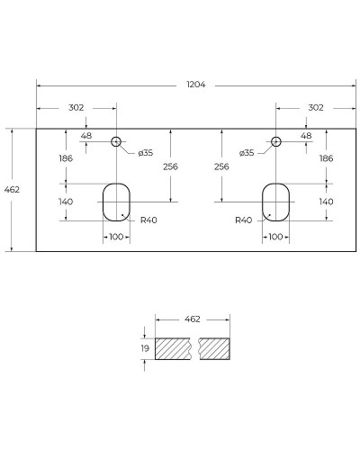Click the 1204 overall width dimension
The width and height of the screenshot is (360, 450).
[196, 85]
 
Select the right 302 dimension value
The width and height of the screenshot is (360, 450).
[315, 107]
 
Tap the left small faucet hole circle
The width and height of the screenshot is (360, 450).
[116, 141]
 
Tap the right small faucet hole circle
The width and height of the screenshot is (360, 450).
[276, 141]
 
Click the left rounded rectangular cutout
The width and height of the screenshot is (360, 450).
[116, 202]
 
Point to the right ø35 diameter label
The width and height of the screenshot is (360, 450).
[247, 153]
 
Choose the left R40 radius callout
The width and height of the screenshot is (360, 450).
[148, 220]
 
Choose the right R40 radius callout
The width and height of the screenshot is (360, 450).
[243, 220]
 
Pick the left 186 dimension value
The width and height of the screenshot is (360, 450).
[66, 158]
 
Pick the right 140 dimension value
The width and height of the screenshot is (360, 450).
[326, 202]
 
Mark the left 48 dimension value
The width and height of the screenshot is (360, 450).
[86, 136]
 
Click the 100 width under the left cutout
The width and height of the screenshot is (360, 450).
[116, 237]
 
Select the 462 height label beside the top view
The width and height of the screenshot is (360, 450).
[13, 190]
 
